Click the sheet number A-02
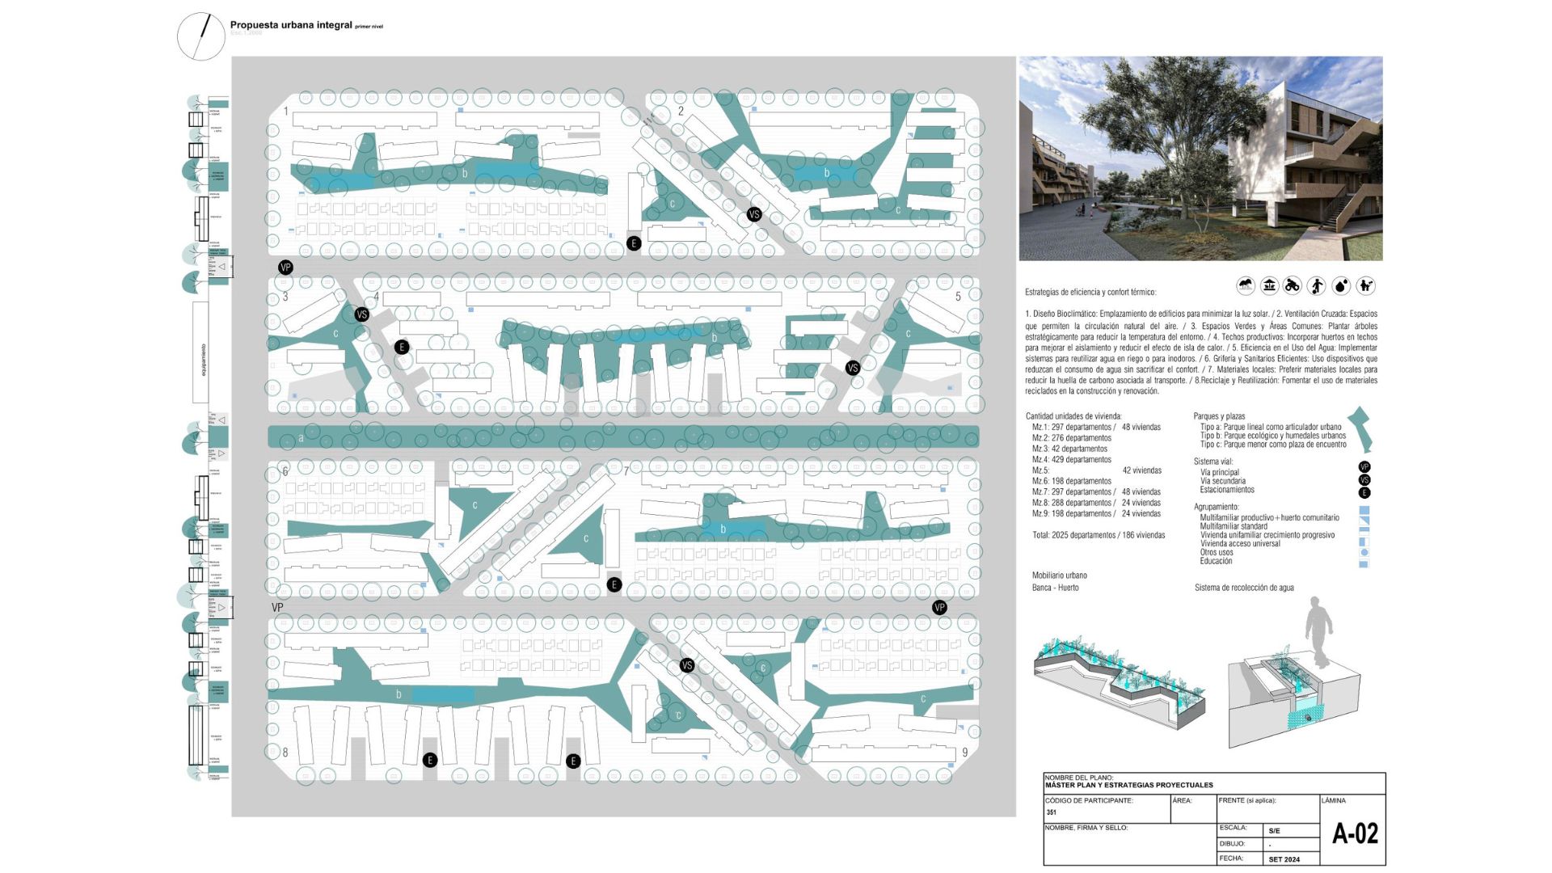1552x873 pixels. coord(1355,833)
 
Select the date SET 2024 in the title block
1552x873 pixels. coord(1284,859)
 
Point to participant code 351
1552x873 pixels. coord(1051,812)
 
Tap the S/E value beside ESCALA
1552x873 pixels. coord(1275,831)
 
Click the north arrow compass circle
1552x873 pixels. coord(200,36)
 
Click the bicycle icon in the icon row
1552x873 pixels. coord(1293,285)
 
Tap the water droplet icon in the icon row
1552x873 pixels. coord(1341,285)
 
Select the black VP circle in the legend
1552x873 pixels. coord(1364,467)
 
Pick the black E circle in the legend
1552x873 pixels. coord(1364,492)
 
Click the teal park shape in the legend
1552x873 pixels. coord(1362,428)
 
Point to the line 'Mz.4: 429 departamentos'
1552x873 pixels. coord(1071,460)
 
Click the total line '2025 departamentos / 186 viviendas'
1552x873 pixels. coord(1099,535)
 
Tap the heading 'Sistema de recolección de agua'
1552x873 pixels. coord(1244,588)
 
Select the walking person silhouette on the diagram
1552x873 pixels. coord(1318,630)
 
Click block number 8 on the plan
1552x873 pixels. coord(285,753)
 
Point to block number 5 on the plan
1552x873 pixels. coord(959,297)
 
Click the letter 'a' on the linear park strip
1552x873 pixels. coord(302,438)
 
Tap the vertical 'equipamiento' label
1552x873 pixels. coord(203,360)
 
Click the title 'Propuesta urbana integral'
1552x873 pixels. coord(291,25)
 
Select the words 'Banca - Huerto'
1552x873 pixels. coord(1055,588)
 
